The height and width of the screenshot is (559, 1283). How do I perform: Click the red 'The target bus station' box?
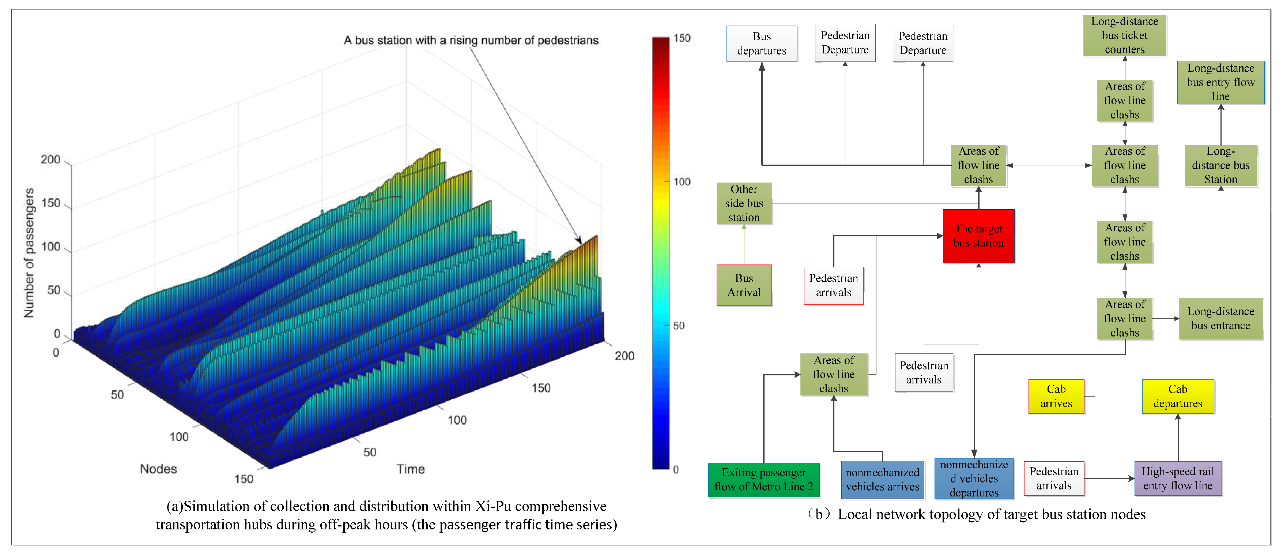coord(978,236)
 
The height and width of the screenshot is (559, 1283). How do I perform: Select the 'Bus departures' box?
coord(762,44)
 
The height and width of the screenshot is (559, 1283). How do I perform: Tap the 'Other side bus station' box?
coord(744,203)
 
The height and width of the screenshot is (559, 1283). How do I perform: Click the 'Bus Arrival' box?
coord(744,285)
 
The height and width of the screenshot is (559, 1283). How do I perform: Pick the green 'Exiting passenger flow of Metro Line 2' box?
coord(763,479)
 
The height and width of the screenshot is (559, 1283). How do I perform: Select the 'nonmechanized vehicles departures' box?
coord(974,478)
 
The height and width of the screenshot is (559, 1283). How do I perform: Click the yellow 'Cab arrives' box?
coord(1056,396)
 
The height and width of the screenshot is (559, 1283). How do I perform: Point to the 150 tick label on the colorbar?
coord(681,38)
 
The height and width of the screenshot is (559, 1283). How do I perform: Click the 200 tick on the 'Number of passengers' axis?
coord(50,160)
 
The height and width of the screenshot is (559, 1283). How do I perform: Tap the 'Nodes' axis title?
coord(158,469)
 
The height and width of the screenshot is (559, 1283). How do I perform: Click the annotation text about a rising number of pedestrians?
coord(471,40)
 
